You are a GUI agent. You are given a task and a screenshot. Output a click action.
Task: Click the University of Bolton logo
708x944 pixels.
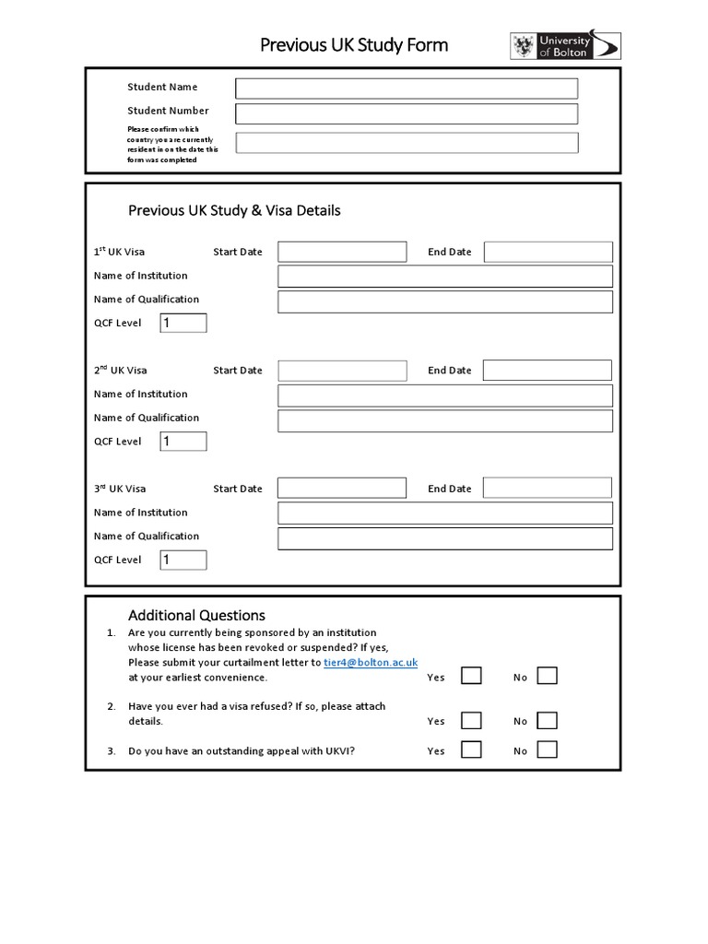(565, 46)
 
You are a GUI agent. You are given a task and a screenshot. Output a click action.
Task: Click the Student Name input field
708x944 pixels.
(407, 88)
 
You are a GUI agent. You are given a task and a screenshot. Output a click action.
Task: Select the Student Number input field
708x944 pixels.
(407, 113)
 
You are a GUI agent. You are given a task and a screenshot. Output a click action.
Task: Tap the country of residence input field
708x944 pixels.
(407, 143)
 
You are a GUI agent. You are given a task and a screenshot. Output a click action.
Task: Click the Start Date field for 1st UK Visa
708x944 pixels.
(342, 252)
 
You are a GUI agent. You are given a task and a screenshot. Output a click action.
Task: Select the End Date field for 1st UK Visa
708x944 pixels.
(548, 252)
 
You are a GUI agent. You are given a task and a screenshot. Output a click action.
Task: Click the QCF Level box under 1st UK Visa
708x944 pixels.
(183, 323)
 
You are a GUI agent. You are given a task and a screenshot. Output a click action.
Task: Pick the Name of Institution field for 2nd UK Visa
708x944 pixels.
(444, 395)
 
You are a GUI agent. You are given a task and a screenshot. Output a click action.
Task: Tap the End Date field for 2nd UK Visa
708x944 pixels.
(548, 371)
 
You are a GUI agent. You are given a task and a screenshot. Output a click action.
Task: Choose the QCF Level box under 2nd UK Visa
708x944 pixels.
(183, 442)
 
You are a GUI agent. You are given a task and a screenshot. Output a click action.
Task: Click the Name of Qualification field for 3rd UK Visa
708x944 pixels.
(444, 538)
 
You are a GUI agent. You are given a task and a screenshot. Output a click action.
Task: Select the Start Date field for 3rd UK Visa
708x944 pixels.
(342, 489)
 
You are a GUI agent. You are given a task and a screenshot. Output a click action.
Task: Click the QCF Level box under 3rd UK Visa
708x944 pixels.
(183, 560)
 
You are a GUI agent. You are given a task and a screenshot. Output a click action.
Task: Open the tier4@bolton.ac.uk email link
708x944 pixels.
(371, 662)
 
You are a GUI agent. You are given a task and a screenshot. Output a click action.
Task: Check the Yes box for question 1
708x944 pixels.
(471, 677)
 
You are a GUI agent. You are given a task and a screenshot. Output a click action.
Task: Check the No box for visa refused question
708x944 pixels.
(548, 720)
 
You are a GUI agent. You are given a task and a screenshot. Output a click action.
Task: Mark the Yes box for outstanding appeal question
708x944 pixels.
(471, 749)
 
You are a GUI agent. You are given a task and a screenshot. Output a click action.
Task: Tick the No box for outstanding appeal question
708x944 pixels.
(548, 749)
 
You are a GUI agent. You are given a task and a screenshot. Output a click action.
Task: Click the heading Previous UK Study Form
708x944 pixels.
(354, 45)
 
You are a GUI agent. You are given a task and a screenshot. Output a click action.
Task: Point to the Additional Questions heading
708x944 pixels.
(196, 615)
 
